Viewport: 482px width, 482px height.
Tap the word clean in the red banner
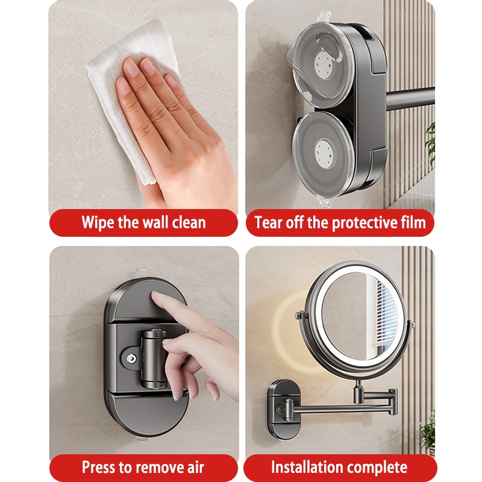189,222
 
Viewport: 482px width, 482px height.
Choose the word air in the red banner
195,468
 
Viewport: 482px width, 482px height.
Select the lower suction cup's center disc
325,153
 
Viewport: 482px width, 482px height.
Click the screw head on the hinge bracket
131,358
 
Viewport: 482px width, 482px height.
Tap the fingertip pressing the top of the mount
157,295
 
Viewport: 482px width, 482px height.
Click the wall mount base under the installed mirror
284,410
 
